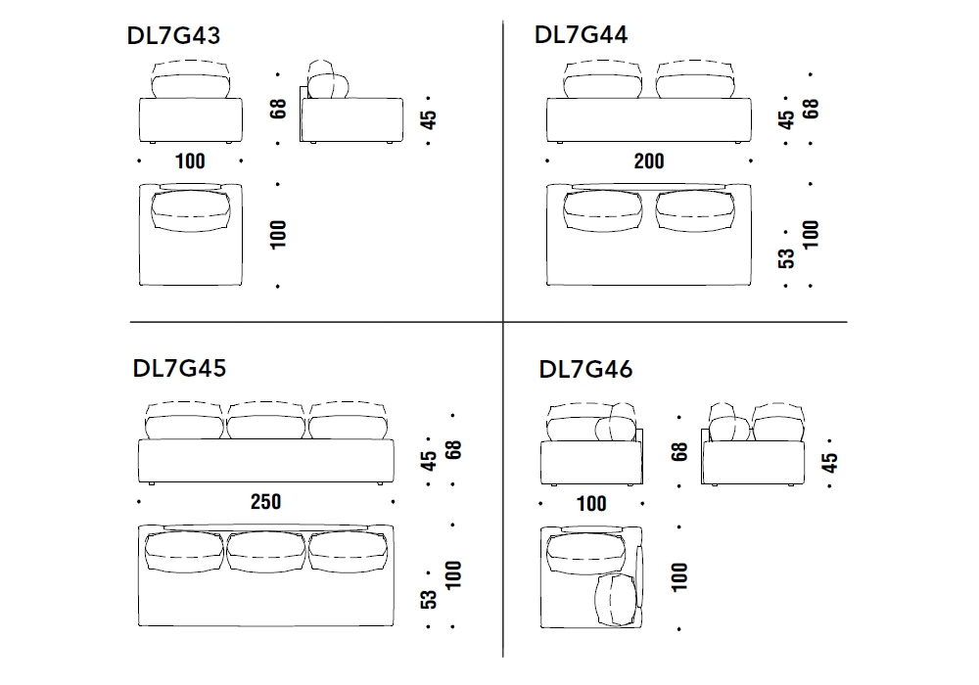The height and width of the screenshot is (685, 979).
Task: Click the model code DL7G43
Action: pyautogui.click(x=173, y=35)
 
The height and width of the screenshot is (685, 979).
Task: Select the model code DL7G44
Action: pyautogui.click(x=582, y=34)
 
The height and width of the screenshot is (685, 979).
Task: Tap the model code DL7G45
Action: pyautogui.click(x=179, y=368)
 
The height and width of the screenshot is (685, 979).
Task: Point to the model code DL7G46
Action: pyautogui.click(x=585, y=369)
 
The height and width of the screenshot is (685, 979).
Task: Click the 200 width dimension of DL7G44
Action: pyautogui.click(x=649, y=161)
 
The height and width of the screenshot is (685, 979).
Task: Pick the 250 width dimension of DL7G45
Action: pyautogui.click(x=266, y=502)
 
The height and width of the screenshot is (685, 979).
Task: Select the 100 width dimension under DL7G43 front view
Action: pyautogui.click(x=190, y=161)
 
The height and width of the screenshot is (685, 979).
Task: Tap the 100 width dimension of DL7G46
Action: pyautogui.click(x=591, y=503)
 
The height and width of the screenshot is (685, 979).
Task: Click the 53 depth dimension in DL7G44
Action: pyautogui.click(x=787, y=258)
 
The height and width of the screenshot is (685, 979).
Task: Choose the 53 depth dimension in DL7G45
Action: pyautogui.click(x=429, y=600)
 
